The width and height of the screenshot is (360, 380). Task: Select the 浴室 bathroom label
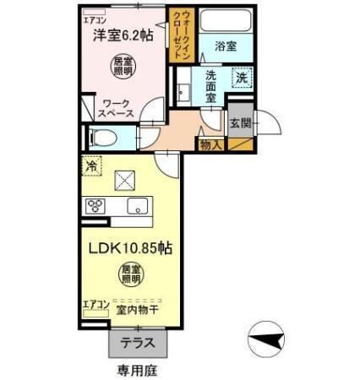tap(225, 46)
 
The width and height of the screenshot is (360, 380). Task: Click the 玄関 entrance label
tap(239, 122)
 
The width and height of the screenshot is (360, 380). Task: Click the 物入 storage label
tap(211, 146)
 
